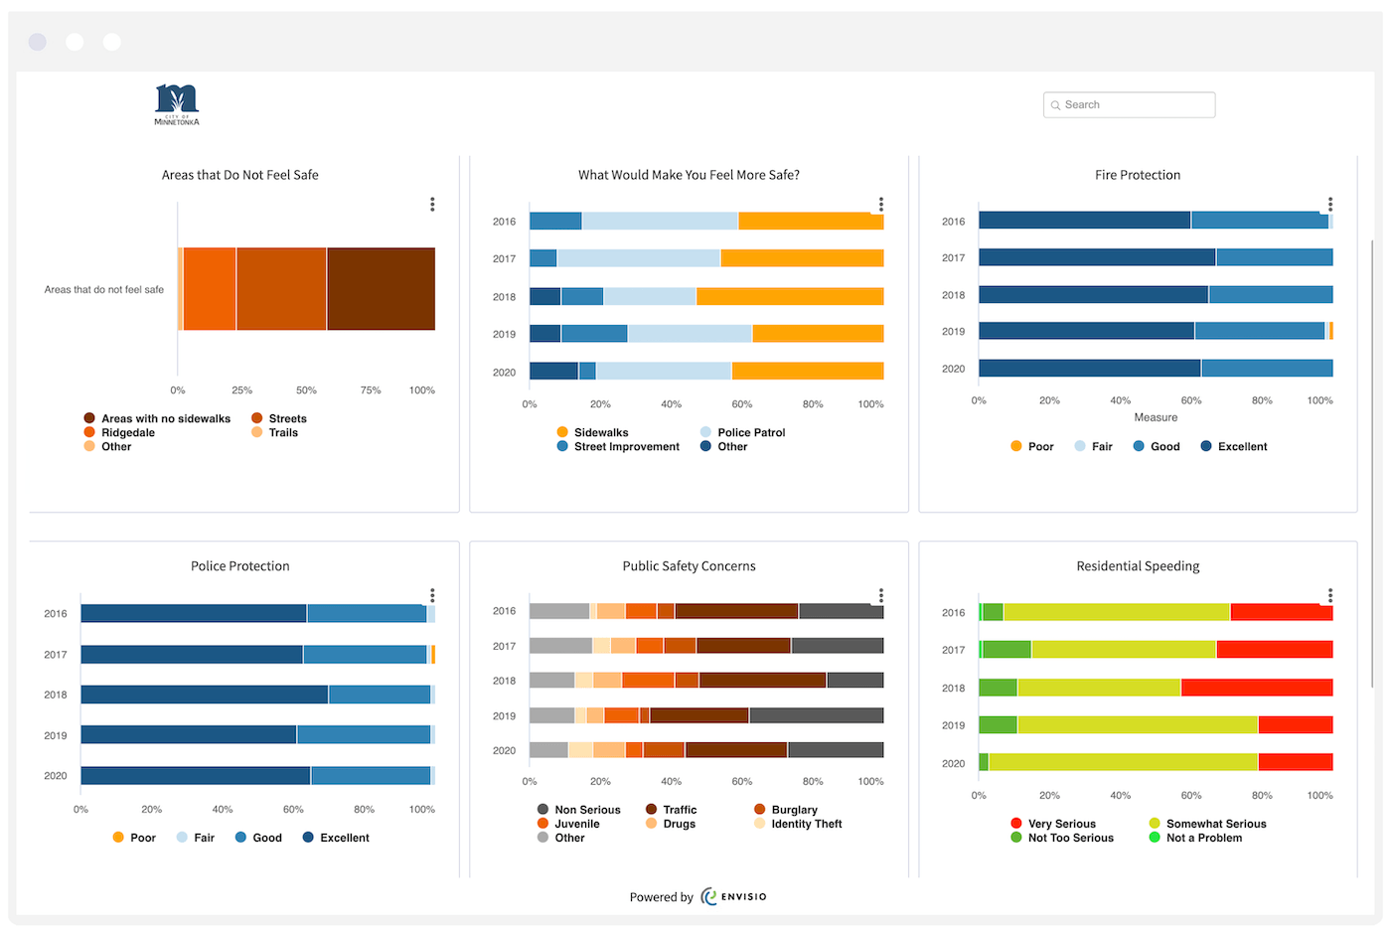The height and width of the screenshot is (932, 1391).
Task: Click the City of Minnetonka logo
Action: point(177,104)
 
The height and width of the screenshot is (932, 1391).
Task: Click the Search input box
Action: point(1130,104)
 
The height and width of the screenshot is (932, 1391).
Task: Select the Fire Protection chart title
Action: point(1138,175)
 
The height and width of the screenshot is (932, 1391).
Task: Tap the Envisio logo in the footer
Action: point(734,896)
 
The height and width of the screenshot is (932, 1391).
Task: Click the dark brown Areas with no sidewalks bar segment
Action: point(381,289)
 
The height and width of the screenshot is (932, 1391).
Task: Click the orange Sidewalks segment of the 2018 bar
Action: point(790,296)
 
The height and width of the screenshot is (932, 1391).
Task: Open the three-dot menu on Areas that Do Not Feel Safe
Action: point(432,204)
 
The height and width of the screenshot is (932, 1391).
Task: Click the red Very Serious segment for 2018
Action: point(1256,688)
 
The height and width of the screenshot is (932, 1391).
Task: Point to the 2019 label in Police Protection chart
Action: point(56,735)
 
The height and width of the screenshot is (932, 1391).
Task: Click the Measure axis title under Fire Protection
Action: point(1156,417)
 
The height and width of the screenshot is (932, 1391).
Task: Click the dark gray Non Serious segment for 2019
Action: point(816,715)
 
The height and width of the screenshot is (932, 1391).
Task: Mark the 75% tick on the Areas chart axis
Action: point(371,390)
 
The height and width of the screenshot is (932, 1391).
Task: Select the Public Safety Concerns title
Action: point(689,566)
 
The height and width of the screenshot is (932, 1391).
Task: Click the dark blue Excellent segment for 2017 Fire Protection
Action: point(1097,257)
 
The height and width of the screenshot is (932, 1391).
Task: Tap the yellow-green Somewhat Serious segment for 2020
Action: point(1123,762)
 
